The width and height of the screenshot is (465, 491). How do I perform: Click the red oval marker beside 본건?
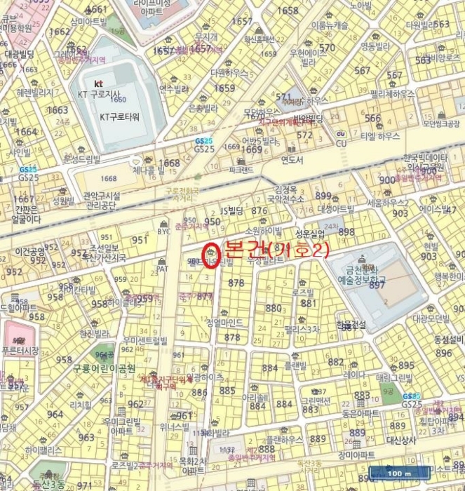211,254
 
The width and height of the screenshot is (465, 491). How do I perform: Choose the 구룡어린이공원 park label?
109,368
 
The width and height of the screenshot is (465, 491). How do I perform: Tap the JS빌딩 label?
231,210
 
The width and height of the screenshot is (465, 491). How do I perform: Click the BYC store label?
165,231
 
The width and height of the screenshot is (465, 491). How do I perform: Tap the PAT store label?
163,268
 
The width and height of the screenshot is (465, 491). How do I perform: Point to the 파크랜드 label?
241,169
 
